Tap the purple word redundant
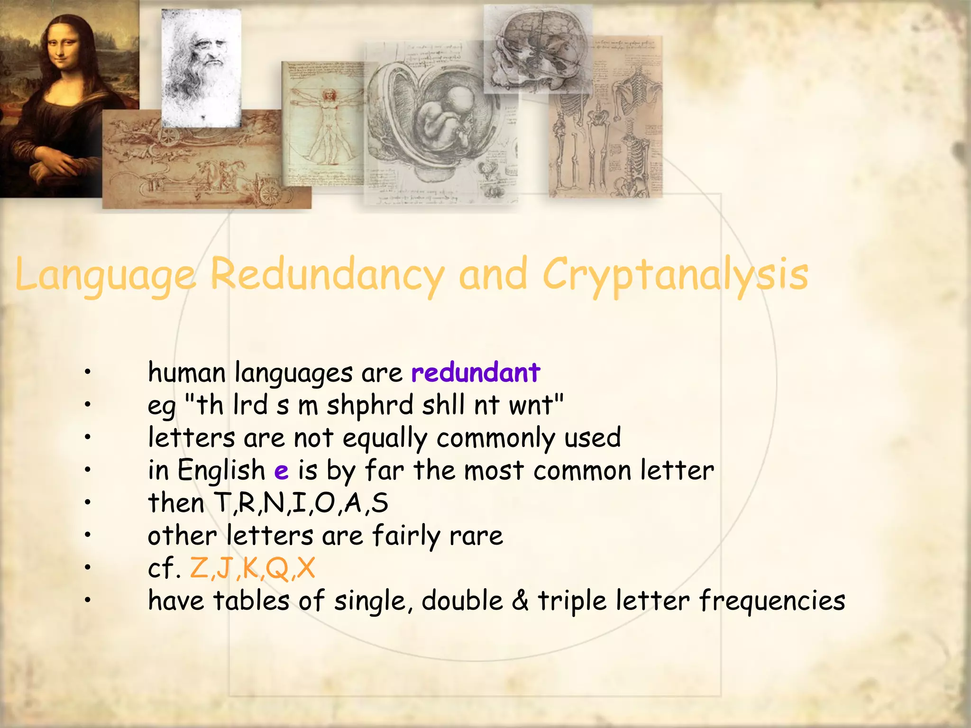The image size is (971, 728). [x=476, y=373]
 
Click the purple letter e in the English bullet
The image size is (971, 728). [x=281, y=471]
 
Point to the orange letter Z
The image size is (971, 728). [x=199, y=568]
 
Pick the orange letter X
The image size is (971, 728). [x=306, y=568]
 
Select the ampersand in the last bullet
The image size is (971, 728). [x=520, y=601]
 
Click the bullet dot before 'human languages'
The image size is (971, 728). [x=87, y=373]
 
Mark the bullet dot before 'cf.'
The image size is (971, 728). [x=87, y=568]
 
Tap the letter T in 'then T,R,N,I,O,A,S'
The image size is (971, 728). [x=222, y=503]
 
